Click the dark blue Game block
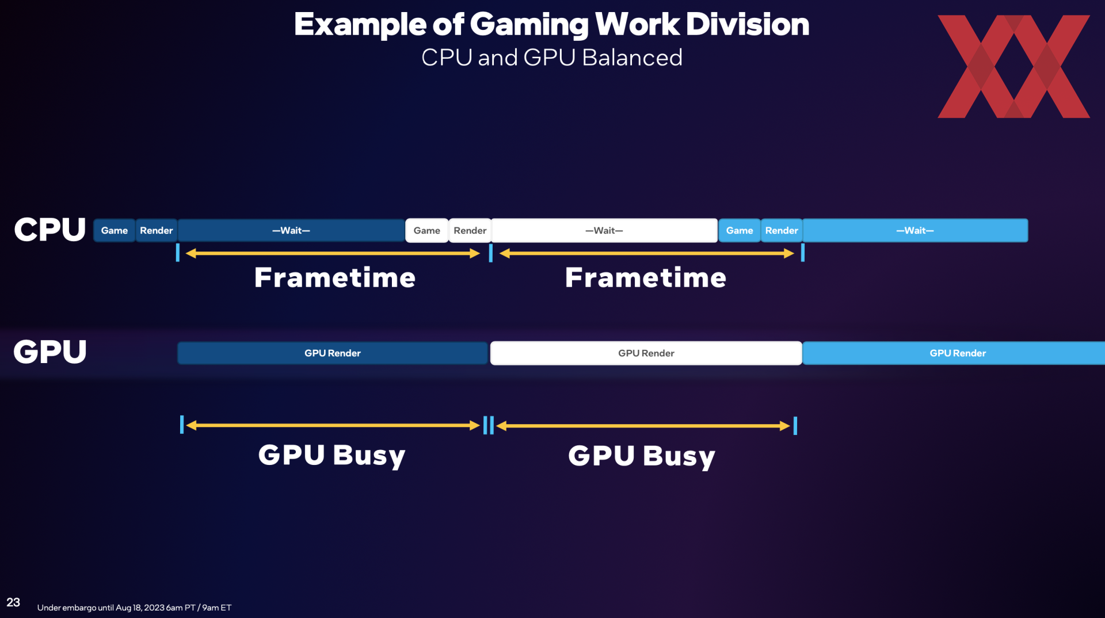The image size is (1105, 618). click(x=115, y=230)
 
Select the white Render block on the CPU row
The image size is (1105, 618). click(x=470, y=230)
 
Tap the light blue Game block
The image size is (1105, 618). click(x=740, y=230)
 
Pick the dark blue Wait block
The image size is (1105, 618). click(x=291, y=230)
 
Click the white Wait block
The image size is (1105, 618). click(x=604, y=230)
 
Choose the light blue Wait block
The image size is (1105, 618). click(x=915, y=230)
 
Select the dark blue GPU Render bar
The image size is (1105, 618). click(x=333, y=353)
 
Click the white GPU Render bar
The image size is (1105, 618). click(x=646, y=353)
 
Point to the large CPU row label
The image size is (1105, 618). click(x=50, y=230)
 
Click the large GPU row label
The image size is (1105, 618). click(x=50, y=352)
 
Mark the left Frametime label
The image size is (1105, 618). click(x=335, y=277)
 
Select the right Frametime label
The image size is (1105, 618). click(x=646, y=277)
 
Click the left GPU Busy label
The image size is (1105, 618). click(x=332, y=456)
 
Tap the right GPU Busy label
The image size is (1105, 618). click(x=642, y=457)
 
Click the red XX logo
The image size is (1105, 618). click(x=1013, y=67)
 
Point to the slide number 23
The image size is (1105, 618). click(x=13, y=602)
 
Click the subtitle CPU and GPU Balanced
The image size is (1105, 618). click(x=552, y=58)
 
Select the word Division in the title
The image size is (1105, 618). click(x=748, y=24)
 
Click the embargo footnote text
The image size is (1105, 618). click(x=134, y=608)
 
